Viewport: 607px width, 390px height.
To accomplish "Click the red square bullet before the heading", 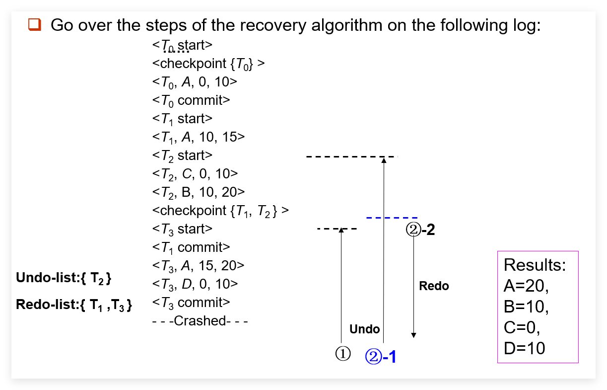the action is pos(35,25).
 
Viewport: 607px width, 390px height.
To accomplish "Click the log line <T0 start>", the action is pos(182,45).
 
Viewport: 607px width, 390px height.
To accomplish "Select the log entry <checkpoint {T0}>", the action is pos(208,64).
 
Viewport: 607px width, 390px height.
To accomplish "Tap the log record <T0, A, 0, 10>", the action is pos(195,82).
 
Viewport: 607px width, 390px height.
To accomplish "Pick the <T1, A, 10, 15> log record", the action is pos(199,137).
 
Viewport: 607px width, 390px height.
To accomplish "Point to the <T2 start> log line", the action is pos(182,156).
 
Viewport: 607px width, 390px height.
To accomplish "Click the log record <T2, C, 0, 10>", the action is pos(195,174).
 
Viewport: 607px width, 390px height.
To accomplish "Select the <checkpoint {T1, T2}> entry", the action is pos(220,211).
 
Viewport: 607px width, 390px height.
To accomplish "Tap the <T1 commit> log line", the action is pos(191,247).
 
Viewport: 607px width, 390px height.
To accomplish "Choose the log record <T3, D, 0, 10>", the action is pos(195,284).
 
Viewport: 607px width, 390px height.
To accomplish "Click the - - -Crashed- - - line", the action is pos(200,321).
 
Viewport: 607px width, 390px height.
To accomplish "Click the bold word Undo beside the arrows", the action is pos(364,329).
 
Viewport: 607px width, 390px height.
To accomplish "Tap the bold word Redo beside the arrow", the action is pos(434,286).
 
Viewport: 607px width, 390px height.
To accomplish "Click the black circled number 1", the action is pos(343,354).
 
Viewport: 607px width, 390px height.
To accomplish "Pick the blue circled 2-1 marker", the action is pos(381,356).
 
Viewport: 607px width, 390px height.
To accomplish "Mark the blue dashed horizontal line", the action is pos(392,218).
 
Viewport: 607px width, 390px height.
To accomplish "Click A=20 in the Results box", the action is pos(526,286).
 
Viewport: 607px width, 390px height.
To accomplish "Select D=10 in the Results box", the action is pos(524,348).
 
